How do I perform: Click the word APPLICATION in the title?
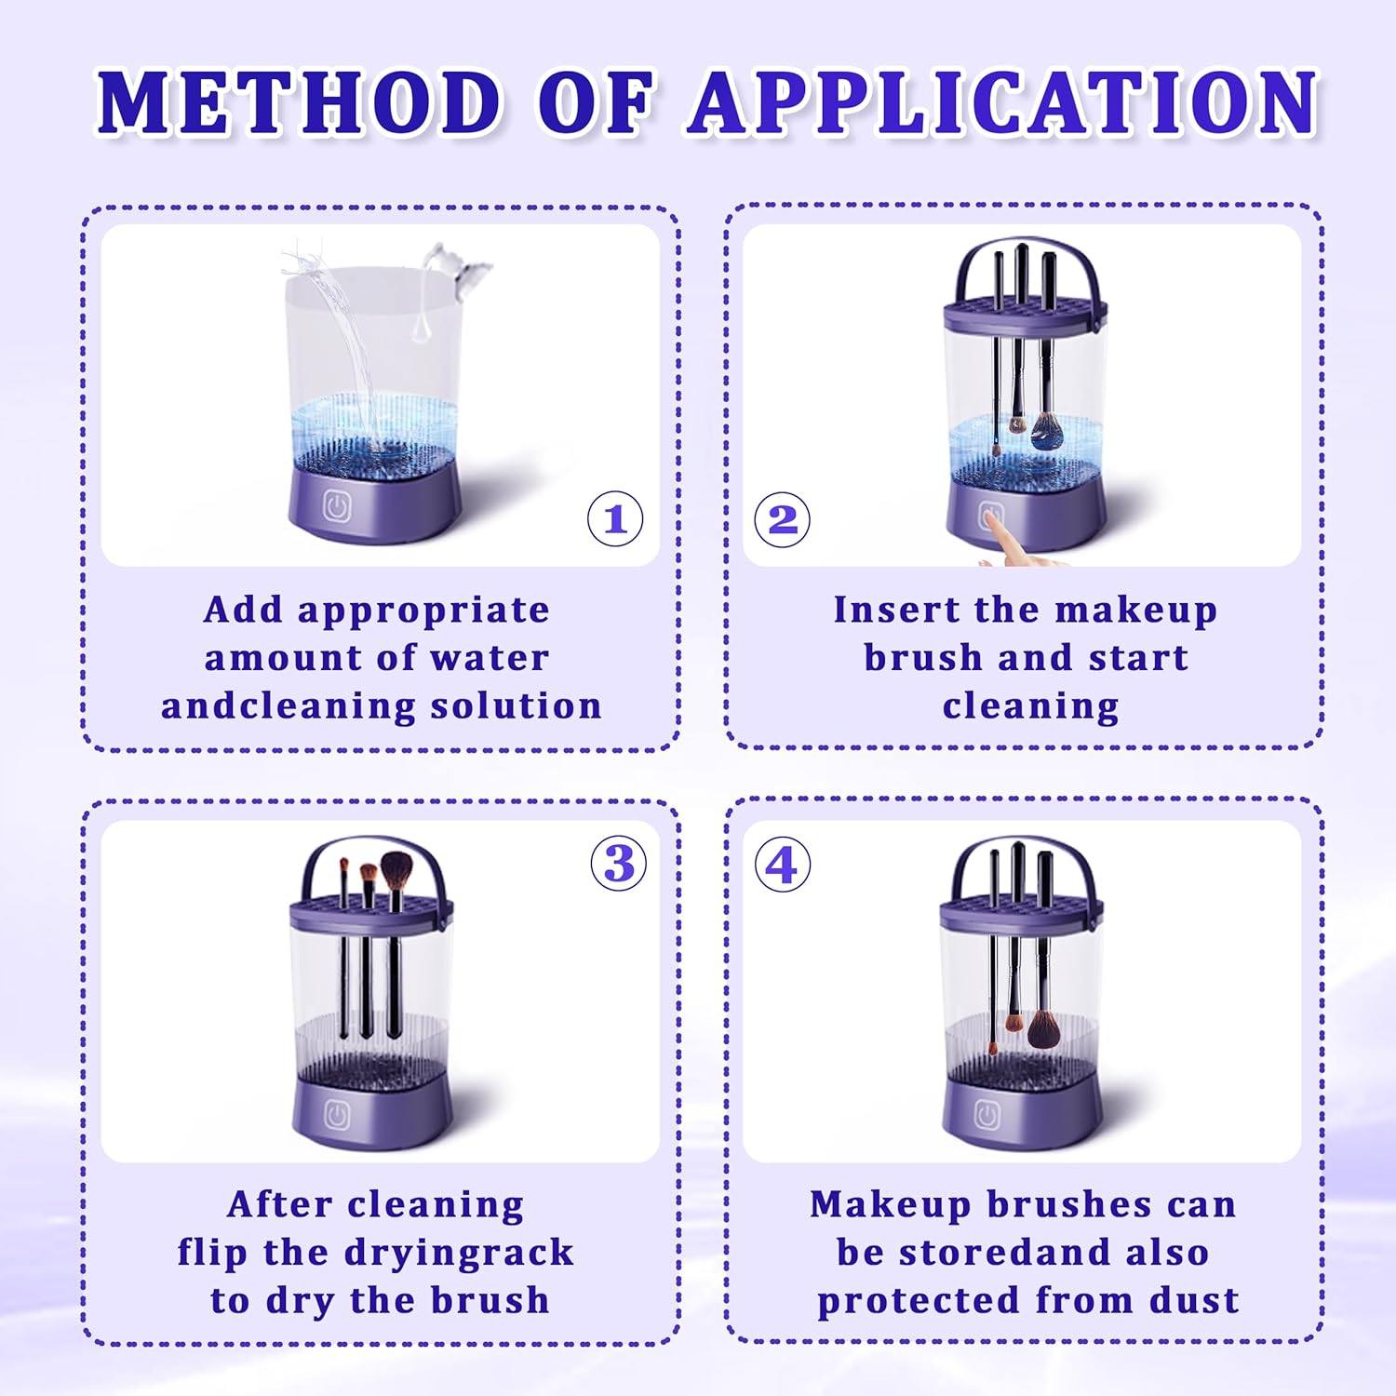(1003, 102)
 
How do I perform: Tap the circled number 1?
(615, 519)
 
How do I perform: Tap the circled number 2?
(782, 519)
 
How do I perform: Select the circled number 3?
(619, 864)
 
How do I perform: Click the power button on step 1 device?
(337, 507)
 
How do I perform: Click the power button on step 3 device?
(337, 1115)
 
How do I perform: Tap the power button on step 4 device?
(987, 1114)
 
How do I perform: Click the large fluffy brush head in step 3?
(397, 871)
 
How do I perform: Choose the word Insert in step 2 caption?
(897, 611)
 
